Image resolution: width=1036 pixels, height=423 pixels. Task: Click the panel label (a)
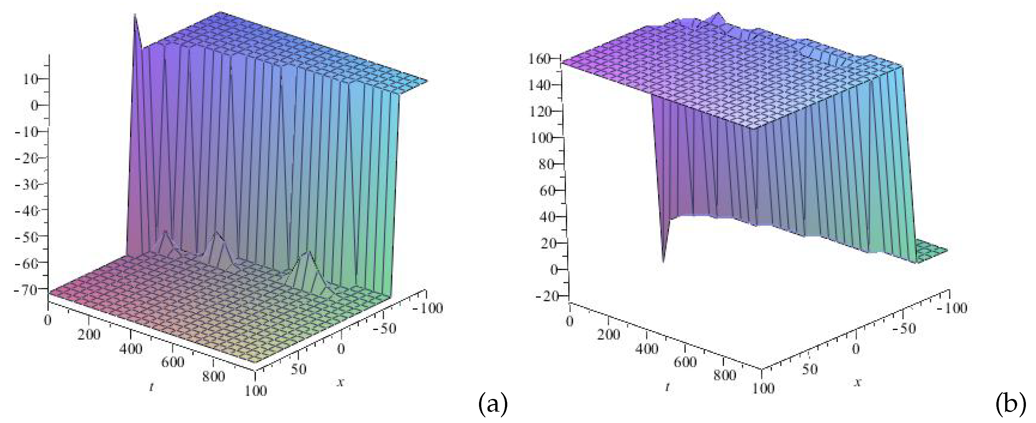(493, 404)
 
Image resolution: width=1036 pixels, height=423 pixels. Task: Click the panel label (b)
(1010, 404)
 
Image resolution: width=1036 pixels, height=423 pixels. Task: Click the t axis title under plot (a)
(151, 388)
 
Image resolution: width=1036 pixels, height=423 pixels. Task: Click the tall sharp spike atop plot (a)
(135, 16)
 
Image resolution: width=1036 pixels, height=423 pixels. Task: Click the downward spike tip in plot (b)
(663, 262)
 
